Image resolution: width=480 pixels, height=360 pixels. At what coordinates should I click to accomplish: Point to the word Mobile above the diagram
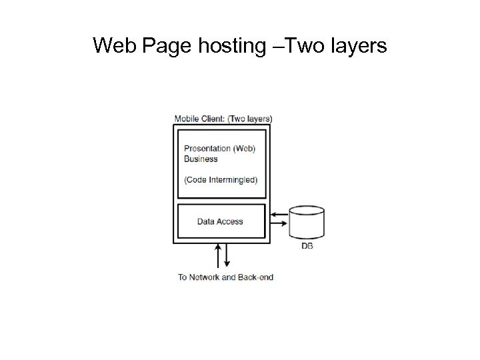186,119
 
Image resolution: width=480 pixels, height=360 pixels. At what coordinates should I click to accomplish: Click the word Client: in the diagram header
213,119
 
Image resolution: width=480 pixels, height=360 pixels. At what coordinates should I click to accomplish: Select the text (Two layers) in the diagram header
250,119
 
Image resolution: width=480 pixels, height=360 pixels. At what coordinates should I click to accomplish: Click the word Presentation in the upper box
207,149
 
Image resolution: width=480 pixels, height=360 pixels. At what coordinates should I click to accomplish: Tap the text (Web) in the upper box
245,149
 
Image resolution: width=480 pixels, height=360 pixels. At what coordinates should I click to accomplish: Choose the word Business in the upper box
201,159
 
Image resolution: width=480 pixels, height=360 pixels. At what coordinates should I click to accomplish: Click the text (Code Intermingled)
220,179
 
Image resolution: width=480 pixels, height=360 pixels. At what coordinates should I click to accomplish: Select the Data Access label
220,221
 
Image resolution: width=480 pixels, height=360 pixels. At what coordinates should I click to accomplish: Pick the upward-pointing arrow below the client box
219,255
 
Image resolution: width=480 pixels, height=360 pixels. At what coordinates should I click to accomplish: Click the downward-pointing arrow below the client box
227,255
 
